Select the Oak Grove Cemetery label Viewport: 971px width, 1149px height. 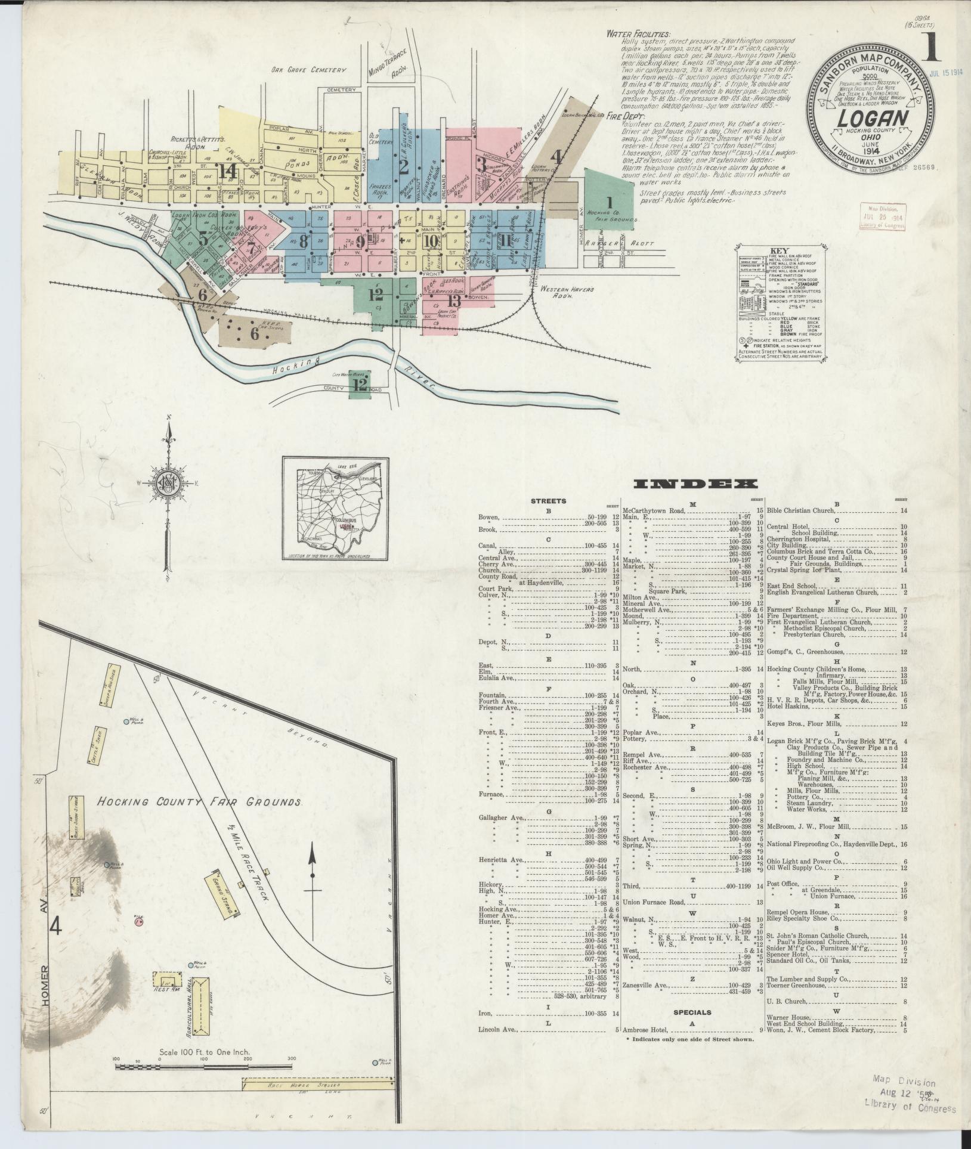[308, 70]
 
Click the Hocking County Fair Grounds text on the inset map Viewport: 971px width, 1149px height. [200, 802]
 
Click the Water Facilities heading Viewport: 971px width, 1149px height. [638, 35]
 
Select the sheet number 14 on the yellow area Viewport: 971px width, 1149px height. [228, 171]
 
